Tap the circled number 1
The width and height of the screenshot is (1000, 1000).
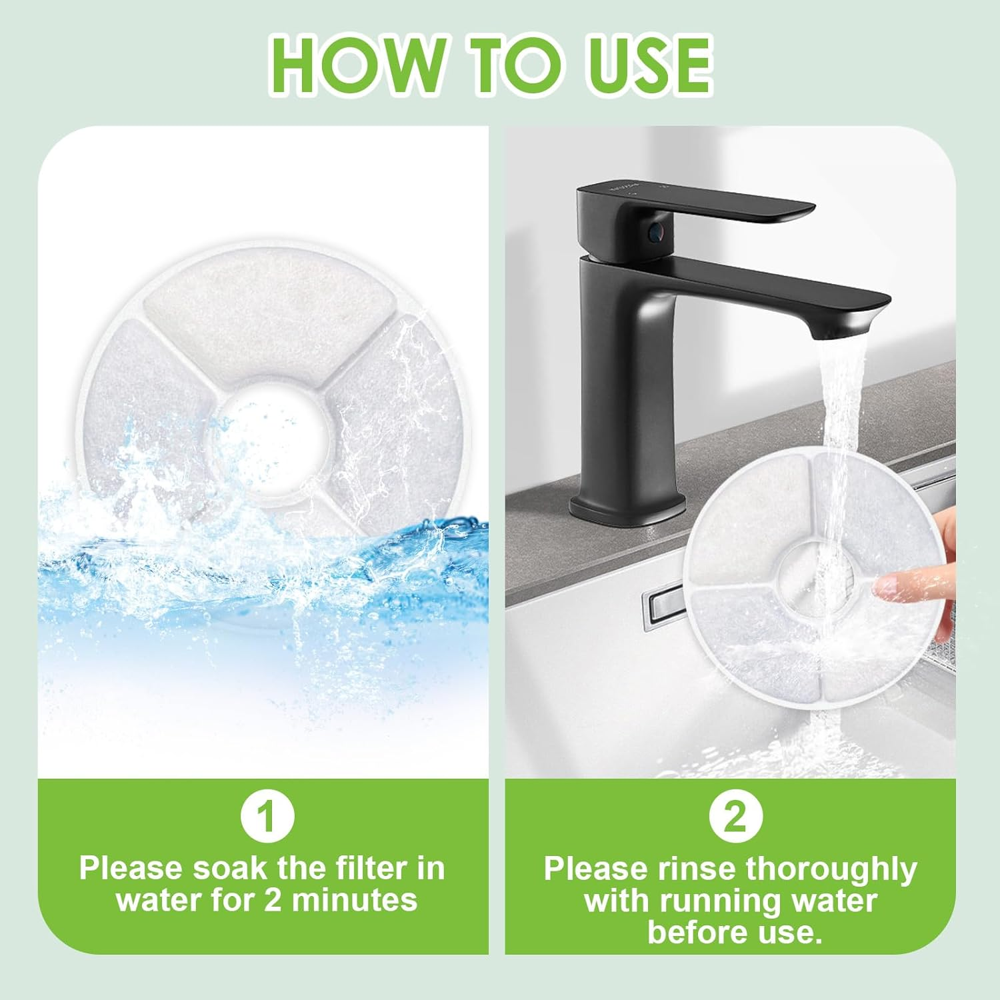point(267,818)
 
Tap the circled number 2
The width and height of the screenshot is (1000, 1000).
point(735,818)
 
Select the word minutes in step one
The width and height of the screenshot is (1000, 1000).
point(355,900)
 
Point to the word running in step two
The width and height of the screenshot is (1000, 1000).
point(708,901)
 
